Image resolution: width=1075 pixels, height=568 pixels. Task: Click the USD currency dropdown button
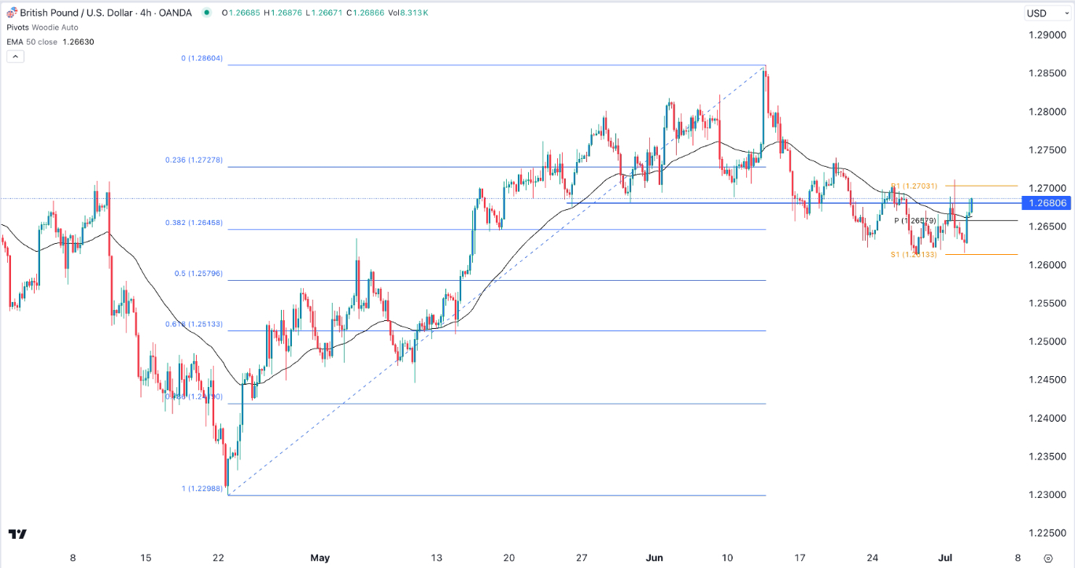pyautogui.click(x=1043, y=13)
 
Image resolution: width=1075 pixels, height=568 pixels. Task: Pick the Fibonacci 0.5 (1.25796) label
pyautogui.click(x=200, y=274)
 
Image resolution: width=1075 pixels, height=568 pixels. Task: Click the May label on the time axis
pyautogui.click(x=320, y=559)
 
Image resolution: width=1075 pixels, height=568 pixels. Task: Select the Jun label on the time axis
pyautogui.click(x=655, y=559)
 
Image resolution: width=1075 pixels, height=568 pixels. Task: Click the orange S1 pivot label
pyautogui.click(x=914, y=255)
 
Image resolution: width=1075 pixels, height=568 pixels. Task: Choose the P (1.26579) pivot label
pyautogui.click(x=914, y=221)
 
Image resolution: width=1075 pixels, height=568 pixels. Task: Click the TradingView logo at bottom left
pyautogui.click(x=17, y=534)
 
